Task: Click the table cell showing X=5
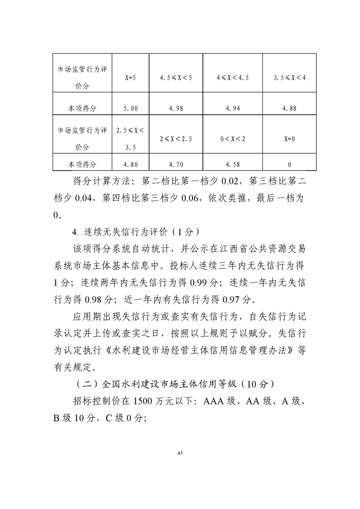131,78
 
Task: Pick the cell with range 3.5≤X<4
289,78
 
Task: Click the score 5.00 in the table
131,108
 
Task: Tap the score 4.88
289,108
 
